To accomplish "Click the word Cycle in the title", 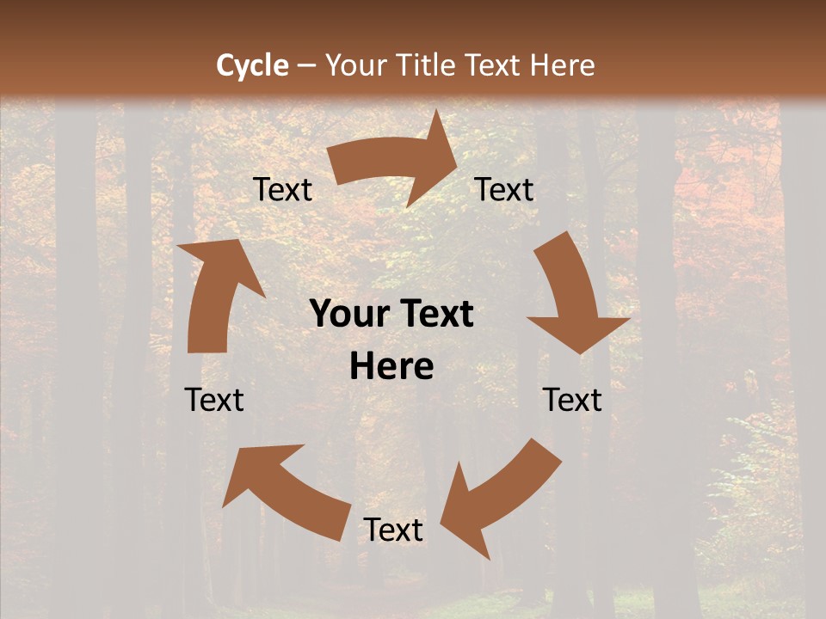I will pyautogui.click(x=252, y=65).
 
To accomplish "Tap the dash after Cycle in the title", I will pyautogui.click(x=305, y=66).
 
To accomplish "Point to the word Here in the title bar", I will pyautogui.click(x=563, y=65).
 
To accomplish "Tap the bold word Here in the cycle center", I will pyautogui.click(x=391, y=367).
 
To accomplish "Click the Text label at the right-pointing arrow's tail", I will pyautogui.click(x=282, y=190).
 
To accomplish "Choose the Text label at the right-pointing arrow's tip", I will pyautogui.click(x=504, y=190).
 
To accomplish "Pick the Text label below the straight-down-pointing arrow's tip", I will pyautogui.click(x=572, y=400).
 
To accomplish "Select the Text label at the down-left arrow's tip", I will pyautogui.click(x=393, y=530).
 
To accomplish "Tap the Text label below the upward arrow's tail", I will pyautogui.click(x=214, y=400).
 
